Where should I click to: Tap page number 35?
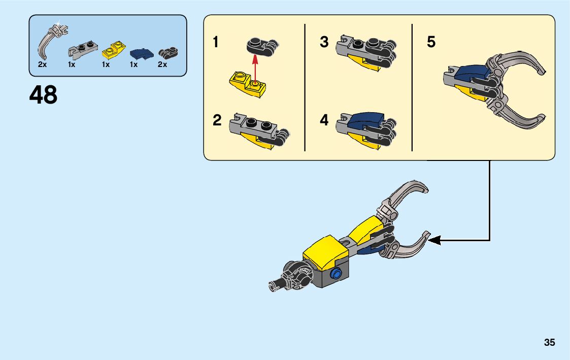[x=549, y=342]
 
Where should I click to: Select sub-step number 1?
[x=216, y=42]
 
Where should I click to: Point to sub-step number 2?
[x=217, y=121]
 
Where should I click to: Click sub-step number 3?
[x=324, y=42]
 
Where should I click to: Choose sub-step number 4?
[x=324, y=121]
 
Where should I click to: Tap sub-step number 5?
[x=431, y=42]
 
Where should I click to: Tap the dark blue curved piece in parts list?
[x=140, y=53]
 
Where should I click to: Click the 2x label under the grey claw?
[x=43, y=65]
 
